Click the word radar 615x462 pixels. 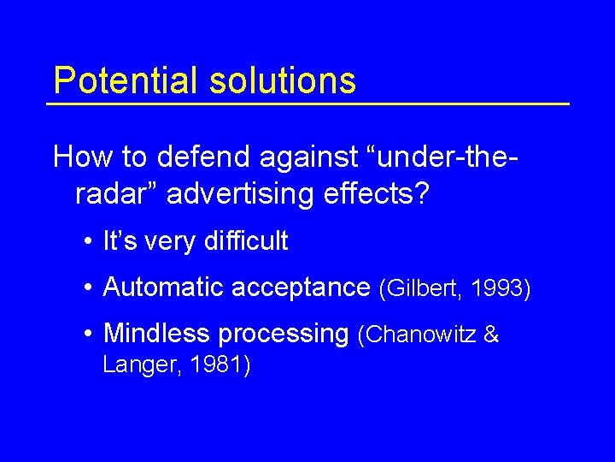[x=110, y=194]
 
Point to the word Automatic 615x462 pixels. [x=159, y=287]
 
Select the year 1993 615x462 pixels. [x=501, y=289]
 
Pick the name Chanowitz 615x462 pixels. [x=421, y=335]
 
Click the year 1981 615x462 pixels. [x=217, y=366]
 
